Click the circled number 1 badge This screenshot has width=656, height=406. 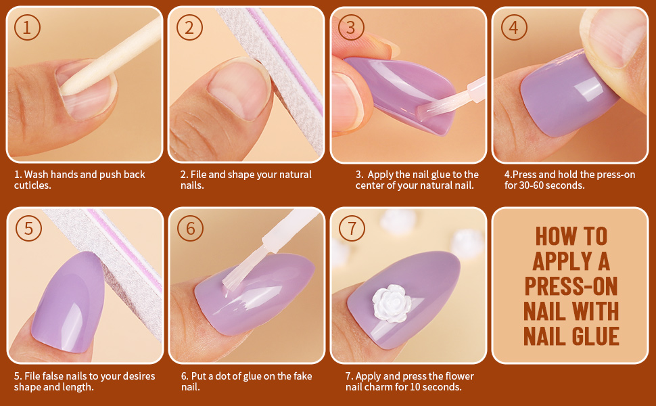[27, 28]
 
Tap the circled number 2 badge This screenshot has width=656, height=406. [189, 28]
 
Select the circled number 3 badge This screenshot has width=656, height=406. [350, 28]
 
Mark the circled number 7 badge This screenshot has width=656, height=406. [351, 229]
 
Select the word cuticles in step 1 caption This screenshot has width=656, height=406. [32, 185]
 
